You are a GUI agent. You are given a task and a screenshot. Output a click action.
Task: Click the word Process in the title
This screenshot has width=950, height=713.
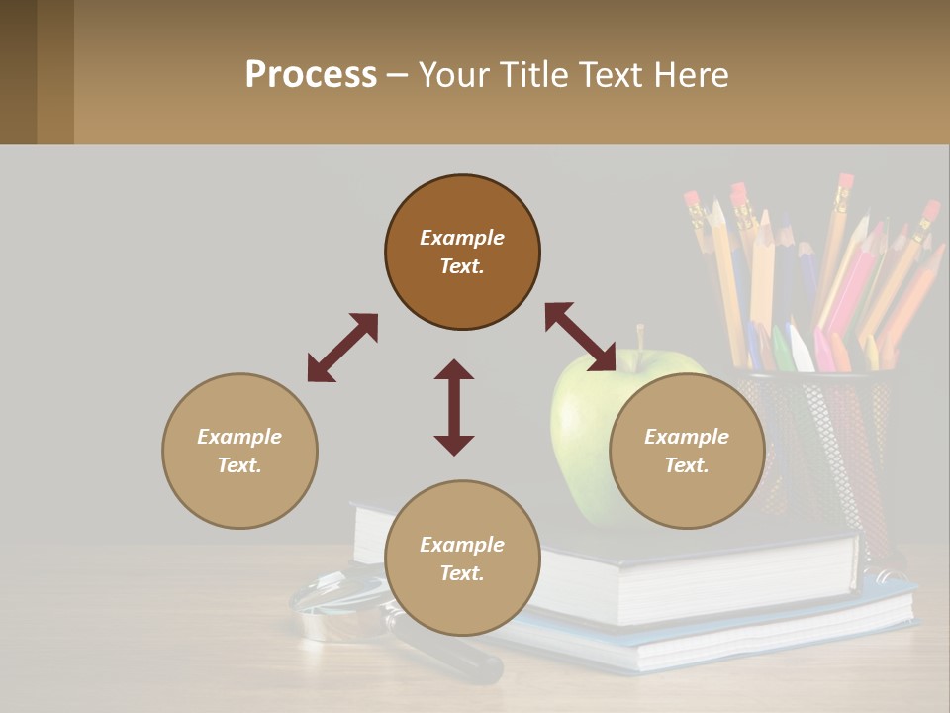point(311,75)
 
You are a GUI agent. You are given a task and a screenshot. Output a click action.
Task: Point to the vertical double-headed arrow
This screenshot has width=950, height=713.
point(454,407)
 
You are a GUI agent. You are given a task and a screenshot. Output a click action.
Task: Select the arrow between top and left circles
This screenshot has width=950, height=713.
point(342,348)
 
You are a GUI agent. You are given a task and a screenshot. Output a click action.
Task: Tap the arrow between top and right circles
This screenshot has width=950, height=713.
point(580,337)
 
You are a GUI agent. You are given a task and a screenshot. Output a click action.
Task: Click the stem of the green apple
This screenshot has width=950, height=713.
point(640,337)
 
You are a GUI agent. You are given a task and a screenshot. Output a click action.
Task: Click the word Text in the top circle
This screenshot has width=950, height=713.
point(462,267)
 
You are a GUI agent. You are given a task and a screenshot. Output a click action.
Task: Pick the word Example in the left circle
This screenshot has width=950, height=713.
point(239,437)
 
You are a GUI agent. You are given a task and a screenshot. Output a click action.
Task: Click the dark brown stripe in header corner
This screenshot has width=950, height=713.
point(18,71)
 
